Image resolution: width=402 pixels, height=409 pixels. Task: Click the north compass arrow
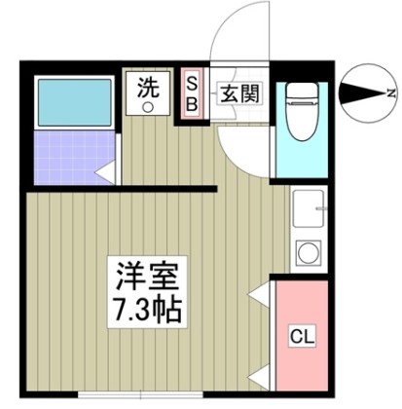click(362, 93)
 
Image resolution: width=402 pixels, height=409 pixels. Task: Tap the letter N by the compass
click(388, 93)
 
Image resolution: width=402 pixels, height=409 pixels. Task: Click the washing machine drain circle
click(148, 108)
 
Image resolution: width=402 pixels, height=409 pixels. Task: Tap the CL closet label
click(303, 337)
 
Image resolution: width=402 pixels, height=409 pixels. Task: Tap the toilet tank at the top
click(299, 94)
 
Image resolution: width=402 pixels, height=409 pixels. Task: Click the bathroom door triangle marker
click(102, 173)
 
